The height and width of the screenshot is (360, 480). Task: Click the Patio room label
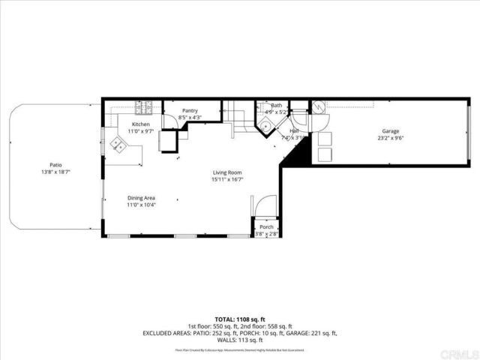click(55, 165)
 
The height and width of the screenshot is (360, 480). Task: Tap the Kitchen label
click(141, 124)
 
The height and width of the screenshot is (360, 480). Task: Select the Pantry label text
click(190, 110)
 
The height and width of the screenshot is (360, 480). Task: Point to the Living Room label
click(226, 172)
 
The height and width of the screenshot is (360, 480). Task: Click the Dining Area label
click(140, 198)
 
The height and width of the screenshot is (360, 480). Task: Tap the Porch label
click(266, 226)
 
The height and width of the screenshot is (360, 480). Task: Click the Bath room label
click(277, 106)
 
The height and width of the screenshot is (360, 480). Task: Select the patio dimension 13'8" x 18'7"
click(55, 172)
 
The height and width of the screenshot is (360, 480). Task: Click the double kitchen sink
click(118, 144)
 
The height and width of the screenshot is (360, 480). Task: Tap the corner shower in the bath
click(265, 125)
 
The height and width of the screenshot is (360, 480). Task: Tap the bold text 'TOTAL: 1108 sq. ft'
click(239, 319)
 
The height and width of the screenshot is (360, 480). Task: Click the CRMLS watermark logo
click(458, 351)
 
